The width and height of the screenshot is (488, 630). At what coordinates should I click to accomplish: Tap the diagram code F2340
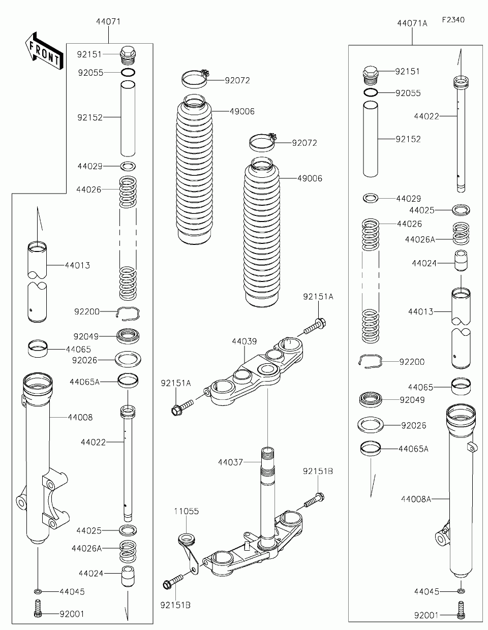(453, 20)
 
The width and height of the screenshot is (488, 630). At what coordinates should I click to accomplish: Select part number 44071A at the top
(412, 23)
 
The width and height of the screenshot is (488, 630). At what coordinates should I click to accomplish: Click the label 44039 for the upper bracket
(244, 341)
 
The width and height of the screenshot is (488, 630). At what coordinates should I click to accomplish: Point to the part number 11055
(186, 511)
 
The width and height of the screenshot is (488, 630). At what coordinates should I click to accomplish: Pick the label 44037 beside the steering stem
(230, 462)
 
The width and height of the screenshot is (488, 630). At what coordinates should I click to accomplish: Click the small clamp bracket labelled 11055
(189, 552)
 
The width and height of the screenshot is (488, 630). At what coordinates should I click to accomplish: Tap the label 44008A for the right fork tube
(416, 499)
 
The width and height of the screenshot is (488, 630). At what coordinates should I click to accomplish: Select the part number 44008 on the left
(80, 417)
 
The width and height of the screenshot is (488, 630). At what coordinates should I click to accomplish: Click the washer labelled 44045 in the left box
(38, 591)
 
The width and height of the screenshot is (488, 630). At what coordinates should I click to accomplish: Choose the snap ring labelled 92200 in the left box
(128, 313)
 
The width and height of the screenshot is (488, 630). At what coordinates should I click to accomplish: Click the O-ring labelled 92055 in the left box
(128, 72)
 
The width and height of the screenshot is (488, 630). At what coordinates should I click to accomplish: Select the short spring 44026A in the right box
(461, 233)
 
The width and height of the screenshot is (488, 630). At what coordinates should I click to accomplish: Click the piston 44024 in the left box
(128, 576)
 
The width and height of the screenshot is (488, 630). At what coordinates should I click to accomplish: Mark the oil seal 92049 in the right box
(371, 399)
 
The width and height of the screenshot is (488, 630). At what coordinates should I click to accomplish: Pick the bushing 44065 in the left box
(38, 349)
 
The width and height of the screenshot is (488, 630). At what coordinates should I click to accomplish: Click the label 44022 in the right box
(426, 116)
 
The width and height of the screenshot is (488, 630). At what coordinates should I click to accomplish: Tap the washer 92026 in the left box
(128, 359)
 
